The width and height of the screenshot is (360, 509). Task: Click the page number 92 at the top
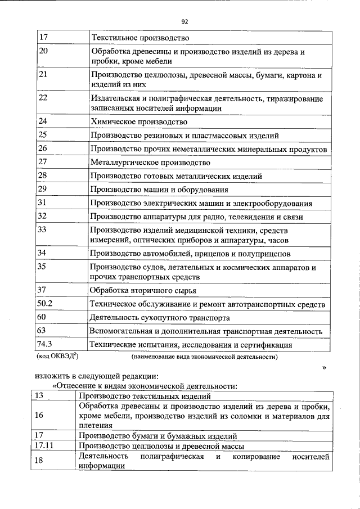tap(184, 21)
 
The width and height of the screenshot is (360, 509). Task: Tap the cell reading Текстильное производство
tap(139, 38)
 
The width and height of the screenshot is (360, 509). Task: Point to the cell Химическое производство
tap(139, 121)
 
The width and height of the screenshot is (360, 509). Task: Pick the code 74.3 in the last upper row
tap(44, 345)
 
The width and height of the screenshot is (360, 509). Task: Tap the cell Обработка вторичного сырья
tap(143, 290)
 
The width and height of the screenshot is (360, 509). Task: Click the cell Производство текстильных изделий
tap(139, 397)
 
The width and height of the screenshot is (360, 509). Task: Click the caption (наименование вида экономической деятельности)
tap(205, 357)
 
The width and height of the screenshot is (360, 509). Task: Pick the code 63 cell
tap(42, 331)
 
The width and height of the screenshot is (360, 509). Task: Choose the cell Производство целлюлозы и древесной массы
tap(161, 445)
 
